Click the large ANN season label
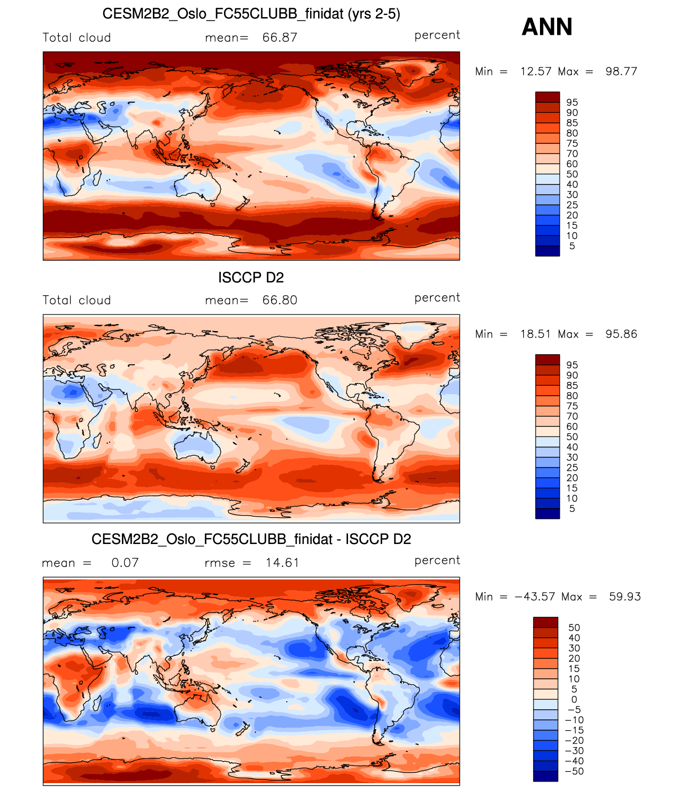pyautogui.click(x=546, y=27)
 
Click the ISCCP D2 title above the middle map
pyautogui.click(x=251, y=278)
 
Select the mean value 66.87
pyautogui.click(x=280, y=37)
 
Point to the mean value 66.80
pyautogui.click(x=280, y=300)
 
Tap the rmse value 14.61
pyautogui.click(x=282, y=563)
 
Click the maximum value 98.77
pyautogui.click(x=621, y=71)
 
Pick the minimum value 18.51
pyautogui.click(x=535, y=334)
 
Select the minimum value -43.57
pyautogui.click(x=535, y=596)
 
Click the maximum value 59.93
pyautogui.click(x=624, y=596)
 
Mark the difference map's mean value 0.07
pyautogui.click(x=125, y=563)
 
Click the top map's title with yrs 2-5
pyautogui.click(x=251, y=14)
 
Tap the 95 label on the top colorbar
pyautogui.click(x=572, y=102)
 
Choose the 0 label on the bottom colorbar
pyautogui.click(x=574, y=699)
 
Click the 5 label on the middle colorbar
pyautogui.click(x=572, y=509)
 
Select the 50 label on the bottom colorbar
pyautogui.click(x=574, y=627)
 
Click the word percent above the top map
pyautogui.click(x=437, y=35)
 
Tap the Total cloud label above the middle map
pyautogui.click(x=76, y=300)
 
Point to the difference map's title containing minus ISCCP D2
pyautogui.click(x=251, y=539)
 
